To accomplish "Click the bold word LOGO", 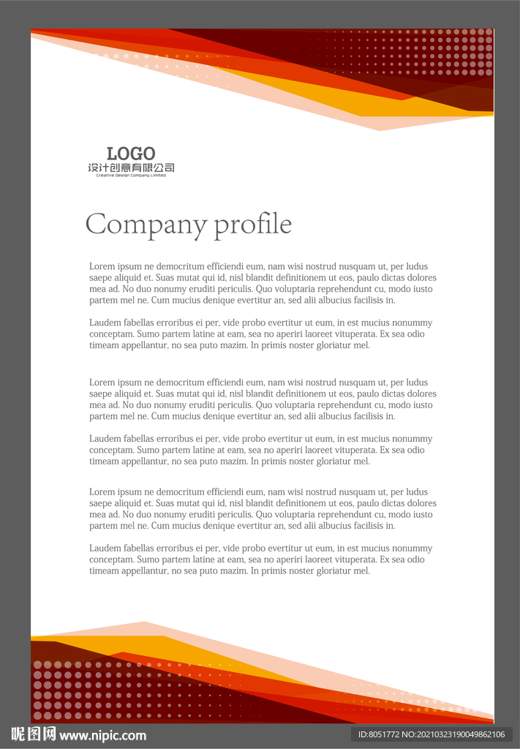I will point(131,154).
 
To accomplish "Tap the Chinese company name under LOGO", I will point(131,168).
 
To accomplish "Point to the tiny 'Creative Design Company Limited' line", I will point(131,176).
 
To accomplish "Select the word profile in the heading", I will point(252,225).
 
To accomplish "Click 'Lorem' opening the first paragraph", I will point(101,266).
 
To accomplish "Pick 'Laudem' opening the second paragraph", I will point(104,323).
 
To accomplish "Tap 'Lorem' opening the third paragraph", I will point(101,383).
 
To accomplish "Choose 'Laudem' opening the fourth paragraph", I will point(104,439).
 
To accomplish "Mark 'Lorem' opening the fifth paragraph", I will point(101,492).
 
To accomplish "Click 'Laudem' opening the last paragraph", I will point(104,549).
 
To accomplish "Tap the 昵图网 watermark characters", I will point(34,734).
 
